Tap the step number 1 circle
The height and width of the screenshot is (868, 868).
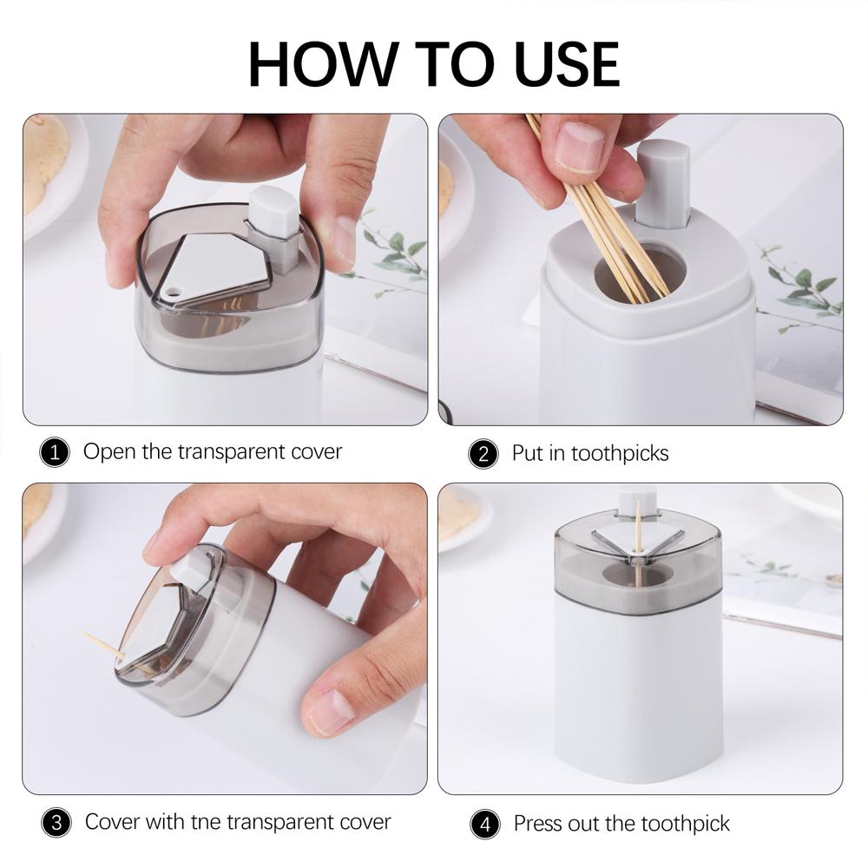click(x=55, y=453)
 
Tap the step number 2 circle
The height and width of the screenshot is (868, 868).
click(x=483, y=454)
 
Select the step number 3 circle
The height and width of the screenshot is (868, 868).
click(x=55, y=823)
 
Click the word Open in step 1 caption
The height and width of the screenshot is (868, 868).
click(x=109, y=452)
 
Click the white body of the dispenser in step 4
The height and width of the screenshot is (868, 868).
click(x=638, y=686)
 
